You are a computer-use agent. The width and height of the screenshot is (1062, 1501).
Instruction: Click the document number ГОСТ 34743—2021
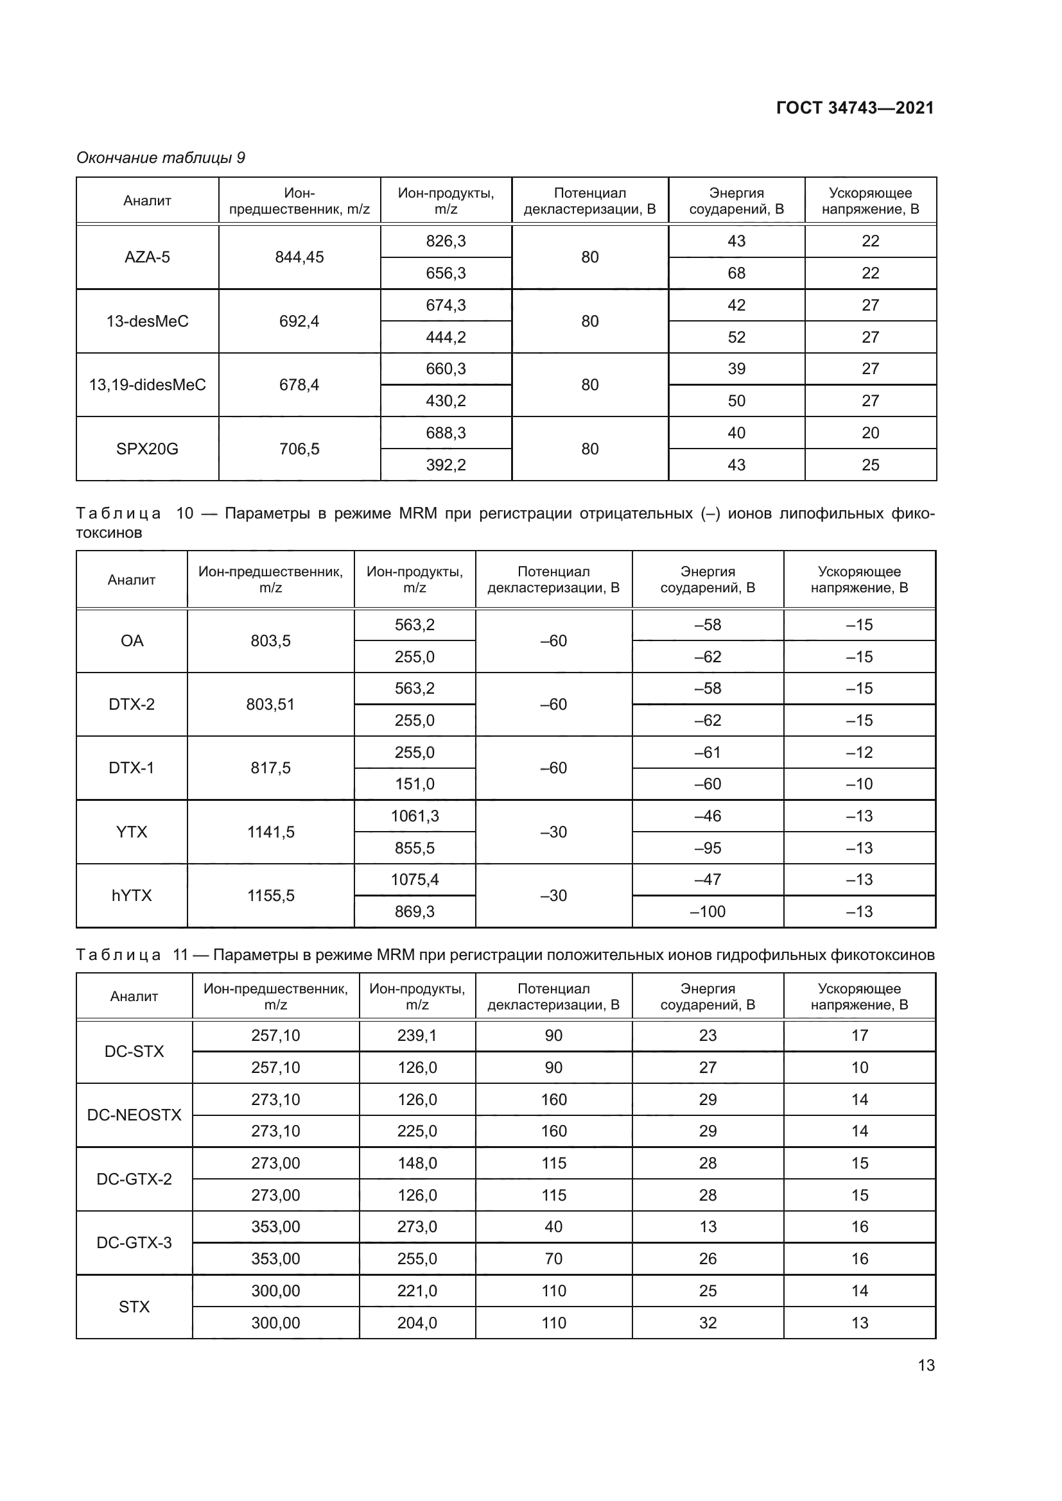click(x=855, y=108)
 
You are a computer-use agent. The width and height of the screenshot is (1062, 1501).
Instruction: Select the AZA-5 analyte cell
click(x=147, y=257)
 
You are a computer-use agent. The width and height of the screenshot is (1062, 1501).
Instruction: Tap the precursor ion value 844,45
click(x=299, y=257)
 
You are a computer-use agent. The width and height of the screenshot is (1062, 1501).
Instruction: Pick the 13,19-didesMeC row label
click(x=147, y=385)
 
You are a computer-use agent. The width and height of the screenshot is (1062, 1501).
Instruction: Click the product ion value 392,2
click(x=446, y=465)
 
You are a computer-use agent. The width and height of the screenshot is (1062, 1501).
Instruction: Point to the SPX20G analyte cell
click(x=147, y=449)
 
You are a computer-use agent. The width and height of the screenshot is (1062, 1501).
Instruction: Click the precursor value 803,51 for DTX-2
click(x=270, y=705)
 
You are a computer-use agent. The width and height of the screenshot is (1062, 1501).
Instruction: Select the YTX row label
click(x=132, y=832)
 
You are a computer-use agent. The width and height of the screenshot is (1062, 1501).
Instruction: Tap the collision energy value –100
click(x=708, y=912)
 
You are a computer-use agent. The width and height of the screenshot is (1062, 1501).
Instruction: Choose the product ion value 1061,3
click(x=415, y=816)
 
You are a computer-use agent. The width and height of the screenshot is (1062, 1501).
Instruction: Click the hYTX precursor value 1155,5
click(x=270, y=896)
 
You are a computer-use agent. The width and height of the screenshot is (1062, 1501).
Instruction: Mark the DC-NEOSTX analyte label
click(x=134, y=1115)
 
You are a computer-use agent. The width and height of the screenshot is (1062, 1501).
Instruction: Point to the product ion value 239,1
click(x=417, y=1036)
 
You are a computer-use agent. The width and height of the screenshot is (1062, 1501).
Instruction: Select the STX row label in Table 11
click(x=134, y=1307)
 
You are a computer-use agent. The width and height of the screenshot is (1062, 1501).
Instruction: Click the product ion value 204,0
click(x=417, y=1323)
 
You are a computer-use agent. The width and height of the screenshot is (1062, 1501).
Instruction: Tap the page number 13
click(x=926, y=1365)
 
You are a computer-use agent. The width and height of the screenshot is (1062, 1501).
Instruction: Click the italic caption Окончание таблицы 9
click(x=161, y=158)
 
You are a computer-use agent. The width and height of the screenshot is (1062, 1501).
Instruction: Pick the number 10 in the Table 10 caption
click(x=184, y=513)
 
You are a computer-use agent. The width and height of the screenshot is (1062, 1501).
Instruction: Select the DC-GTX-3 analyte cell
click(x=134, y=1243)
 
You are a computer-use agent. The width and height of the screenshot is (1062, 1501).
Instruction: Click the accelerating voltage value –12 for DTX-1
click(x=859, y=753)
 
